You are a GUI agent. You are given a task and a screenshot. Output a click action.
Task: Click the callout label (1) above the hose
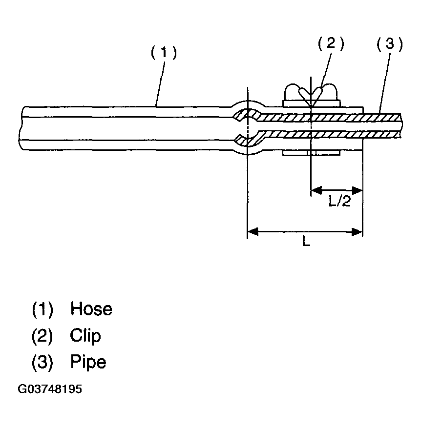pos(163,53)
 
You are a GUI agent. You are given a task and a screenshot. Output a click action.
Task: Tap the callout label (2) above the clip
pos(331,44)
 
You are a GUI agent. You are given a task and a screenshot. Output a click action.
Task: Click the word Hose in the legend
pos(91,309)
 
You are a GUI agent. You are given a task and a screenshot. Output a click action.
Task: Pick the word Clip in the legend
pos(85,336)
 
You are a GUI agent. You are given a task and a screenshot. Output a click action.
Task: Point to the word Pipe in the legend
pos(88,362)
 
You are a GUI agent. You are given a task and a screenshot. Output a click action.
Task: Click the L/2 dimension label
pos(339,202)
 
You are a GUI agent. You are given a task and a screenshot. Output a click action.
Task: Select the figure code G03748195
pos(50,389)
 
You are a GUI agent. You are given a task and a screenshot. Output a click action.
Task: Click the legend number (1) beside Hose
pos(42,309)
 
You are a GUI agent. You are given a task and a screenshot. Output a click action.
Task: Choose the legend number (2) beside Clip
pos(42,336)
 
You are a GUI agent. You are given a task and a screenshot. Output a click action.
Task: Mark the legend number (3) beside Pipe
pos(42,362)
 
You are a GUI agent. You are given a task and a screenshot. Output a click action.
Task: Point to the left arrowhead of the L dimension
pos(252,231)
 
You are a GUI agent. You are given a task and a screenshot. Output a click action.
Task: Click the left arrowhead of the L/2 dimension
pos(315,189)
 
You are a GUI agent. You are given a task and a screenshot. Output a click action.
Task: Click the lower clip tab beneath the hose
pos(311,154)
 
